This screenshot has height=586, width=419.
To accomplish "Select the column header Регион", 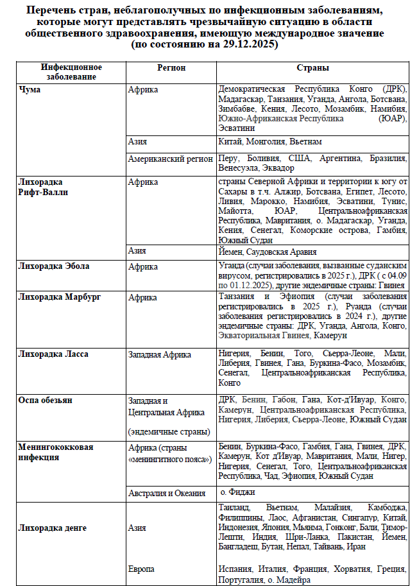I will point(171,67).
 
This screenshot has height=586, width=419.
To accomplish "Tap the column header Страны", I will point(312,67).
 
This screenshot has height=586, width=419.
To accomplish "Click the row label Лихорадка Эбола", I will point(55,266).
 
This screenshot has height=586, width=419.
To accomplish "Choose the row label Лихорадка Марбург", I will point(60,297).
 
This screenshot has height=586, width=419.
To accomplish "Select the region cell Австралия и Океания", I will point(167,493).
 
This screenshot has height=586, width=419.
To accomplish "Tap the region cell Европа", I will point(141,569).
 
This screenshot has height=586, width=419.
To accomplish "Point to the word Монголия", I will point(265,141).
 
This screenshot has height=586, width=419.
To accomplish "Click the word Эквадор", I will point(278,168).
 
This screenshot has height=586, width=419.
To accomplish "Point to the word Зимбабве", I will point(237,109).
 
